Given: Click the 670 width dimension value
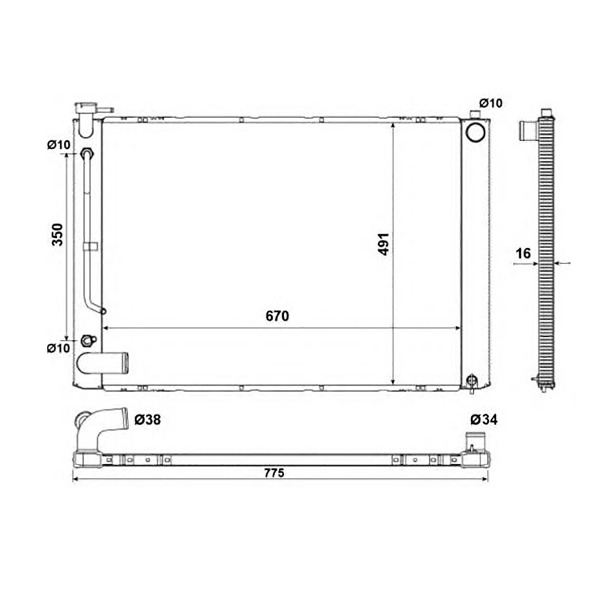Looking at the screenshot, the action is pyautogui.click(x=277, y=316).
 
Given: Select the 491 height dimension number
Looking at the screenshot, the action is pyautogui.click(x=384, y=244).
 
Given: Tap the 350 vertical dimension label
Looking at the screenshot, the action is pyautogui.click(x=57, y=235).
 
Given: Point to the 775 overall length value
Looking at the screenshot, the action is pyautogui.click(x=274, y=473).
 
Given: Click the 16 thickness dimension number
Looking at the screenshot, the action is pyautogui.click(x=523, y=253).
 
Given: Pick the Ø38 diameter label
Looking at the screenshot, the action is pyautogui.click(x=147, y=420).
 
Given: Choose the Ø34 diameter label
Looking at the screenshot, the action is pyautogui.click(x=484, y=420).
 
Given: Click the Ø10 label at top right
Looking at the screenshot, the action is pyautogui.click(x=490, y=103).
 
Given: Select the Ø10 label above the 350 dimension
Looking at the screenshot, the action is pyautogui.click(x=59, y=145).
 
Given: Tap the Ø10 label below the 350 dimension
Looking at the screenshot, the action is pyautogui.click(x=58, y=348).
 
